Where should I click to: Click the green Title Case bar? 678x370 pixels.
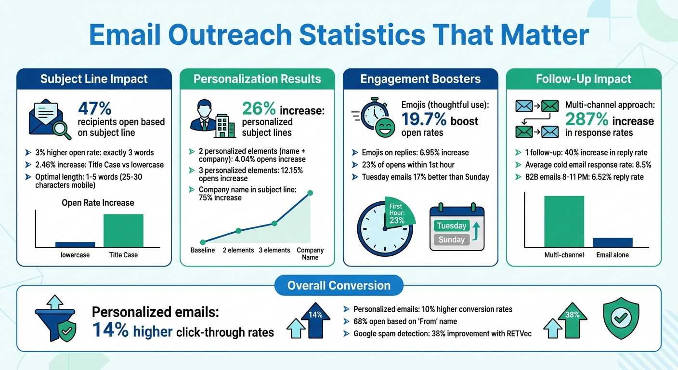click(123, 230)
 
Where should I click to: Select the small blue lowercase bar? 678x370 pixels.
click(75, 244)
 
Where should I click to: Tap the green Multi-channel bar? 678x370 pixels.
click(564, 221)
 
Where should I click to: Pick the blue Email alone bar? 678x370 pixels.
click(612, 242)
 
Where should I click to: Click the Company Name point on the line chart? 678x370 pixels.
click(310, 193)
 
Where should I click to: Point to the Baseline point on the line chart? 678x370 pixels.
click(203, 242)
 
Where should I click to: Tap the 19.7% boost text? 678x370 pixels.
click(440, 120)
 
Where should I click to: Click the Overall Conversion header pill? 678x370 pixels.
click(339, 285)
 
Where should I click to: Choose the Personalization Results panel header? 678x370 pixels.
click(257, 79)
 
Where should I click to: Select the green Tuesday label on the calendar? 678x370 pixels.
click(451, 225)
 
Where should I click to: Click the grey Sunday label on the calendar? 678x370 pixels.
click(451, 239)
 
